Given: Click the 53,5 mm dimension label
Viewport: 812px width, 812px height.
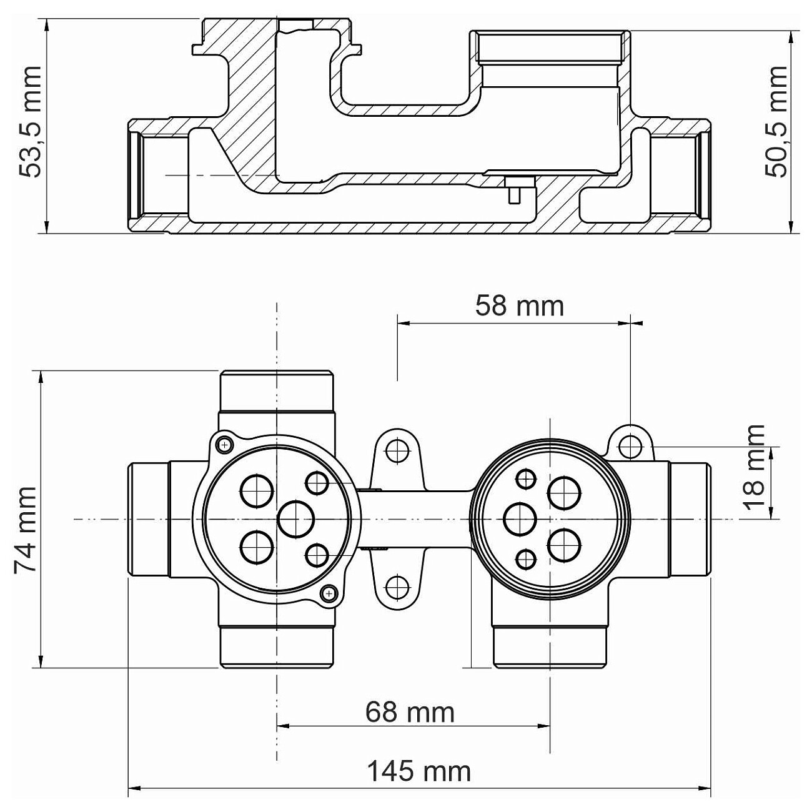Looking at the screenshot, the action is click(31, 122).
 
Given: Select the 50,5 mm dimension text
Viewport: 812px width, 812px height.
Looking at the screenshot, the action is click(775, 122).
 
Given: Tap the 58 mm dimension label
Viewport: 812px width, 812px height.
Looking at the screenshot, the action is click(519, 306).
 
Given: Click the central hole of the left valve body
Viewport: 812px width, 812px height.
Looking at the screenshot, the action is click(297, 519).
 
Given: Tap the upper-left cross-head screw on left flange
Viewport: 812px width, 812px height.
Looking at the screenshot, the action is click(225, 445).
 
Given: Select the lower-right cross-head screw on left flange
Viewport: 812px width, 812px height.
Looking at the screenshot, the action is click(329, 593).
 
